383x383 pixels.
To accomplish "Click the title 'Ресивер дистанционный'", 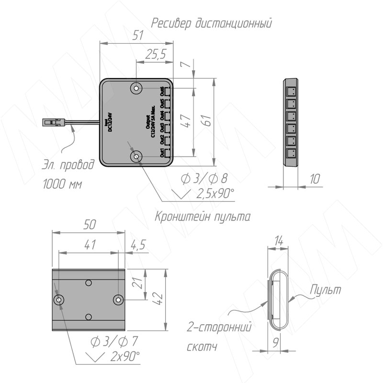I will (x=212, y=23).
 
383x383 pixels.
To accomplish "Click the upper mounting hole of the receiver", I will (x=137, y=88).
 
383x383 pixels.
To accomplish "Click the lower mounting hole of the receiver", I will (x=137, y=156).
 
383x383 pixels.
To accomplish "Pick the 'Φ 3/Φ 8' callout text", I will (x=203, y=179).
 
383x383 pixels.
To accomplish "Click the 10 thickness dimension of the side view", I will (x=315, y=179).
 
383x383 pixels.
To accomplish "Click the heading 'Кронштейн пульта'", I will (x=203, y=216).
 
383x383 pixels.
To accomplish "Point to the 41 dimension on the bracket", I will (x=90, y=245).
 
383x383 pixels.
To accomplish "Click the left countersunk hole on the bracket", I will (x=59, y=300).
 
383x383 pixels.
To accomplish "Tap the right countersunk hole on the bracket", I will (x=118, y=300).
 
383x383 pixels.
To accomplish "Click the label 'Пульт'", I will (x=326, y=290).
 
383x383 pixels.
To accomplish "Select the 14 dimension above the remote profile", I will (x=279, y=241).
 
